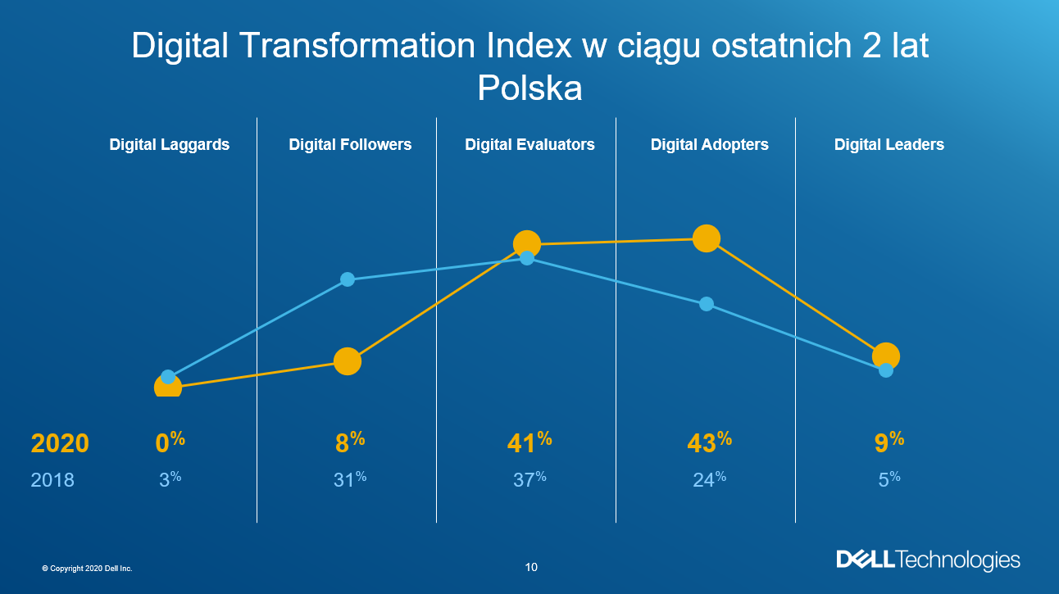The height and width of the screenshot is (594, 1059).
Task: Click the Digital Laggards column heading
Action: [x=170, y=145]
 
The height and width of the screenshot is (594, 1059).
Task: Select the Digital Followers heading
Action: [x=350, y=145]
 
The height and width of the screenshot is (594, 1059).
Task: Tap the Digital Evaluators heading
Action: [x=529, y=145]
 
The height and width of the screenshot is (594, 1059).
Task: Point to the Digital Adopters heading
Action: [x=709, y=145]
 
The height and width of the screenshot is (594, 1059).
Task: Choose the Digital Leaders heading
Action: [x=889, y=145]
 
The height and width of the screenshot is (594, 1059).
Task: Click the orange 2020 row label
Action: [x=60, y=443]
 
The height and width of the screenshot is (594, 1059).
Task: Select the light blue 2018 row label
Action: [x=52, y=480]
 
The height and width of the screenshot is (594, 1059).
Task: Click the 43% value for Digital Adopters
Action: [x=709, y=442]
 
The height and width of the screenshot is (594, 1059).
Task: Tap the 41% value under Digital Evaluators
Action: [x=529, y=442]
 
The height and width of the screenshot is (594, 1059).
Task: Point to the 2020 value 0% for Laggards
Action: [x=170, y=442]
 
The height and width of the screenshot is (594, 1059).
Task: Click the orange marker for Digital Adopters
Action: [x=706, y=238]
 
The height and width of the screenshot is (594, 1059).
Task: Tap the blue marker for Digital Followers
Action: [x=348, y=279]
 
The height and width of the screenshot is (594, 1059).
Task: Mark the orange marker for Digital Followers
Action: [x=348, y=361]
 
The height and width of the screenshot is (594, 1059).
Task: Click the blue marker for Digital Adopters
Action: [x=706, y=304]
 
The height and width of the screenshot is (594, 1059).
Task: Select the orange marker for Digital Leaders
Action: [x=886, y=356]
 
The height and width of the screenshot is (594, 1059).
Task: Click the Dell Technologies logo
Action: [x=928, y=560]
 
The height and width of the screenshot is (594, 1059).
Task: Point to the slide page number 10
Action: [x=531, y=567]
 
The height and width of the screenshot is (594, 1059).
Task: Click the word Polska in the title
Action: [x=529, y=88]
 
